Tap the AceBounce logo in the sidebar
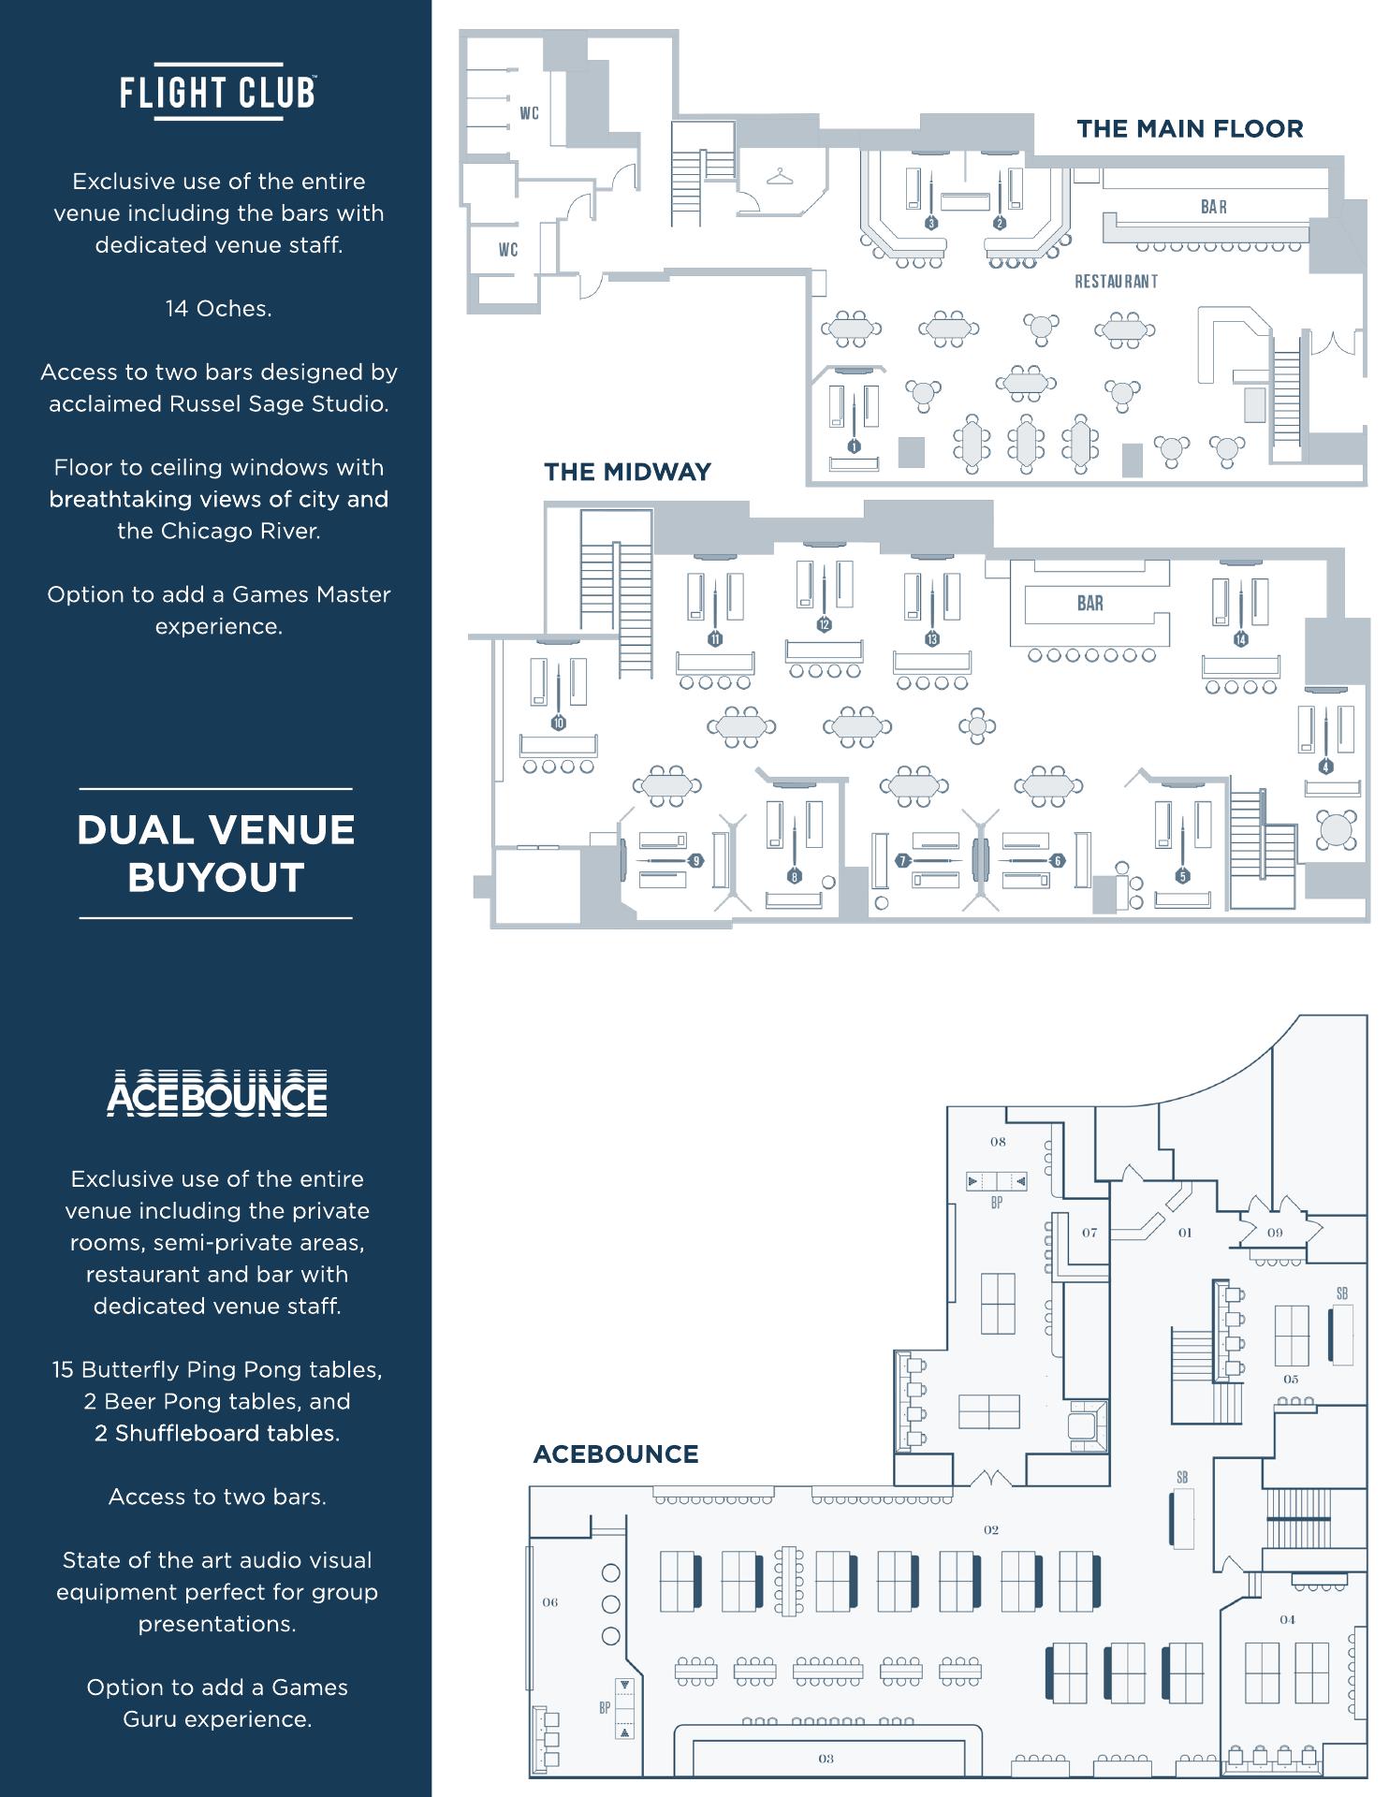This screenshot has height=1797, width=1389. coord(217,1093)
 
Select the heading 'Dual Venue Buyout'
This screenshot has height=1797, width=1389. coord(216,854)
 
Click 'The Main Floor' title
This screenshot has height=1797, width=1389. coord(1190,129)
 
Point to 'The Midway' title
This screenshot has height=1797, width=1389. coord(627,472)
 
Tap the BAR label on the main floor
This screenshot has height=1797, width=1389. coord(1214,207)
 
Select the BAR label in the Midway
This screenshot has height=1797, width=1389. coord(1090,604)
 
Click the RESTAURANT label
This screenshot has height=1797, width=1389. coord(1116,282)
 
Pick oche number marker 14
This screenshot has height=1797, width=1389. coord(1241,639)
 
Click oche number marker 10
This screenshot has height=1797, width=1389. coord(559,723)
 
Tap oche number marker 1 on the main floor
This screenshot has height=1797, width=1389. coord(854,446)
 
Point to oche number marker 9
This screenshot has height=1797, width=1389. coord(696,861)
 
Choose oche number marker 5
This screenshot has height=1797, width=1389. coord(1183,876)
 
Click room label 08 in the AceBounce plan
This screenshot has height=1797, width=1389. coord(998,1142)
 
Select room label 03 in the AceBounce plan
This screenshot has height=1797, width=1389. coord(826,1759)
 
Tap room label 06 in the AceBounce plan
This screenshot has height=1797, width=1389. coord(550,1602)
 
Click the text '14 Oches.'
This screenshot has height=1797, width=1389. coord(218,309)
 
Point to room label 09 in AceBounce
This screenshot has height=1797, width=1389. coord(1275,1233)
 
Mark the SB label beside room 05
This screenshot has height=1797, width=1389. coord(1342,1294)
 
